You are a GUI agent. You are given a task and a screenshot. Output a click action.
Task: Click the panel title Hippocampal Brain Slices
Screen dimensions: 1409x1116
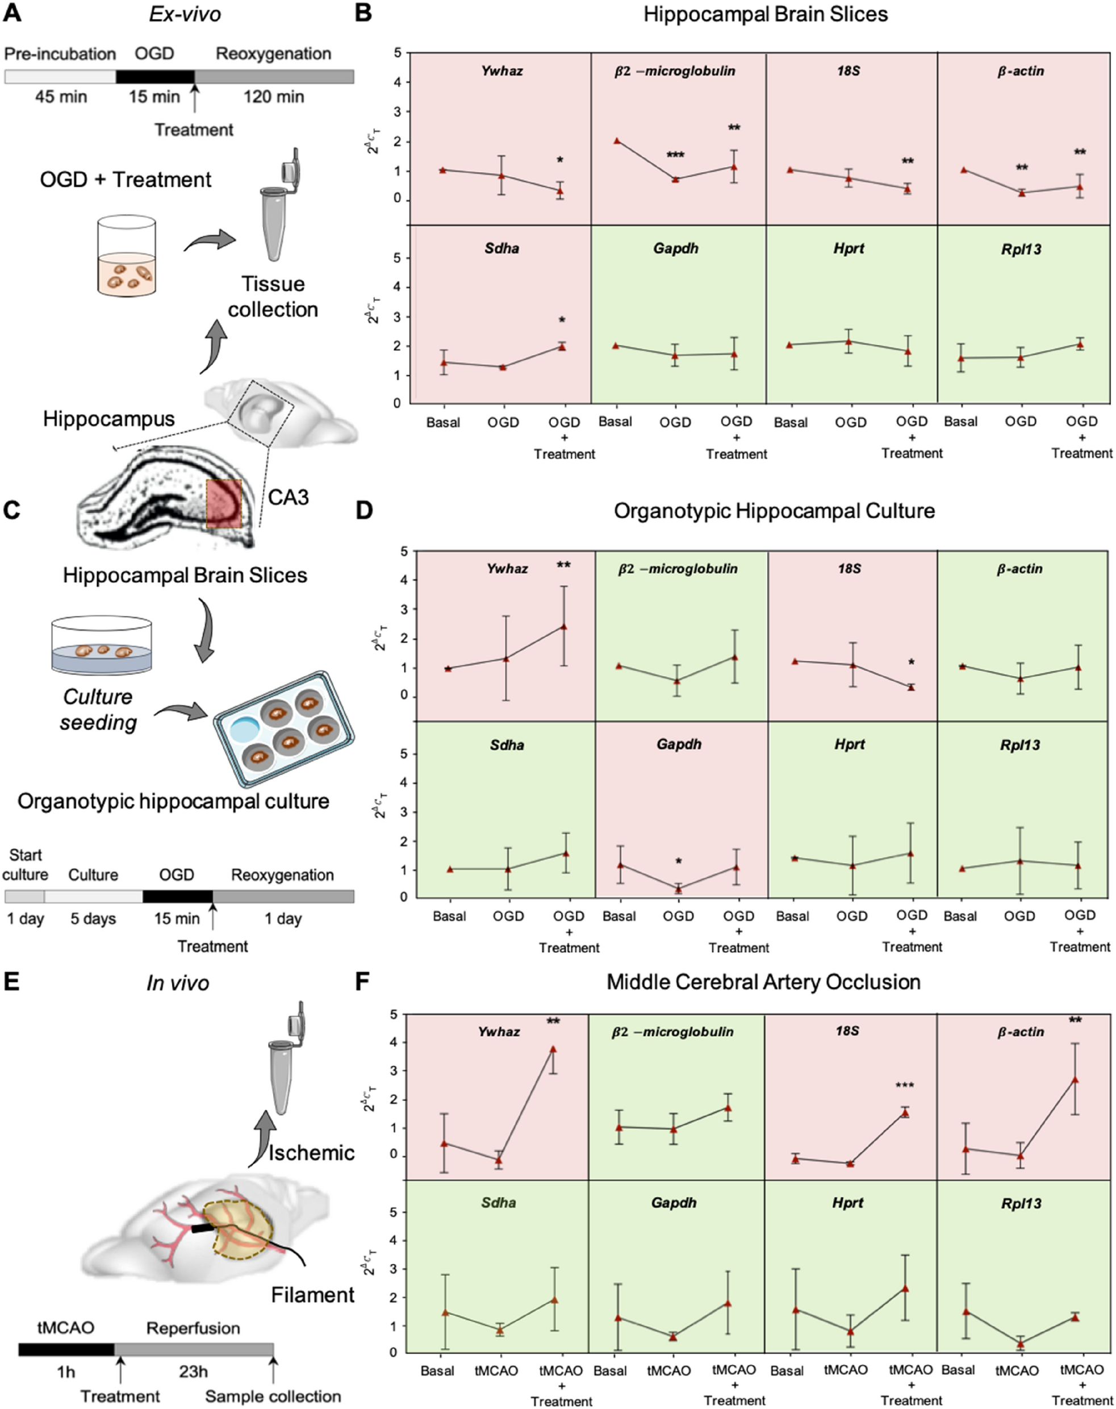tap(765, 15)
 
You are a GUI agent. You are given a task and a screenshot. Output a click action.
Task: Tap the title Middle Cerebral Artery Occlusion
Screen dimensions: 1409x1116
tap(763, 982)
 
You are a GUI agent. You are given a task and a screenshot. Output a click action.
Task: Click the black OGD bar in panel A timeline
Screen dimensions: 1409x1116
tap(155, 77)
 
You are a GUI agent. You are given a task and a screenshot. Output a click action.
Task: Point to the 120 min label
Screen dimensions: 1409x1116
tap(273, 97)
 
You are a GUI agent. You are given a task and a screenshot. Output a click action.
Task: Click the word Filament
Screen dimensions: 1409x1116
tap(312, 1295)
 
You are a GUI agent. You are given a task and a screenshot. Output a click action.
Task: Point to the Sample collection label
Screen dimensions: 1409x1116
tap(273, 1396)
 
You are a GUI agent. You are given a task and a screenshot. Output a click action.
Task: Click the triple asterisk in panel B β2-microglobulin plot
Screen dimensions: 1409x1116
tap(675, 156)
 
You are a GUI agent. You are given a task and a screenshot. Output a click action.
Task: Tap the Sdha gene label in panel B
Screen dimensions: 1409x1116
tap(502, 248)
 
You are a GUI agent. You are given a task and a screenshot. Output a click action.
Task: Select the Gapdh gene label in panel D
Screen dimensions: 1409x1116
tap(679, 744)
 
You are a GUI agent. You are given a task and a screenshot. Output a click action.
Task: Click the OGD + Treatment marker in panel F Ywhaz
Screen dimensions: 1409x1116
tap(553, 1049)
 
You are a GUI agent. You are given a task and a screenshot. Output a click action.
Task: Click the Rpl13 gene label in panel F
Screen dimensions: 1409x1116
tap(1021, 1203)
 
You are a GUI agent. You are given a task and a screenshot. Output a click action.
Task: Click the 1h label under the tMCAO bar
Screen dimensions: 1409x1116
tap(65, 1371)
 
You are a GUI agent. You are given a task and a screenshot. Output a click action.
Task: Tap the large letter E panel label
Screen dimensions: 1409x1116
tap(11, 982)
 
